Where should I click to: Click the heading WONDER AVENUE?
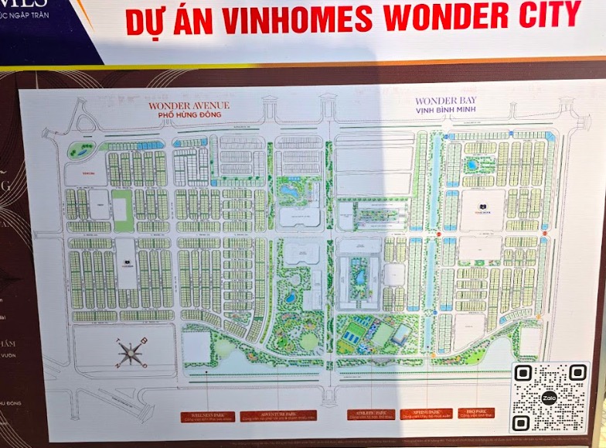(189, 105)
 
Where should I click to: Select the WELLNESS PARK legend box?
(206, 416)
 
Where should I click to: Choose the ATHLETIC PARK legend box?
(372, 415)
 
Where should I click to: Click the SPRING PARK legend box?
(425, 415)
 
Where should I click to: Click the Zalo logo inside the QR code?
(550, 398)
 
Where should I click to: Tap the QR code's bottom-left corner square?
(522, 422)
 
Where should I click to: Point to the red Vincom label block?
(90, 174)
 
